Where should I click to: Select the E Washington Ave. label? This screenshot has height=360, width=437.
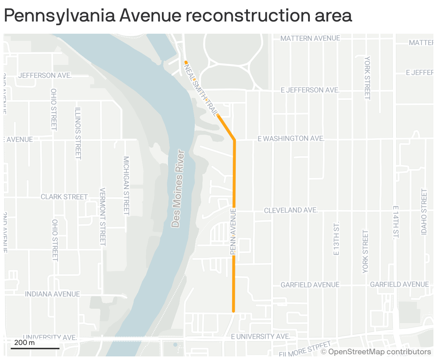[x=291, y=138]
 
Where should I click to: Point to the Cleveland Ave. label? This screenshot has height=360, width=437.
[x=291, y=210]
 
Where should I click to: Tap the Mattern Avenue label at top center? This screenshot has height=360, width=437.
[x=310, y=38]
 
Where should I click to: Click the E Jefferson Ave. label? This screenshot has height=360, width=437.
[x=310, y=90]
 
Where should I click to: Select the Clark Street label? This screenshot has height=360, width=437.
[x=64, y=197]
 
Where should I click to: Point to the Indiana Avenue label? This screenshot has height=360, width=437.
[x=52, y=294]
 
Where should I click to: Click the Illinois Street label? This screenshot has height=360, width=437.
[x=78, y=133]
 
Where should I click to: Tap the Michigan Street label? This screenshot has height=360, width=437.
[x=126, y=185]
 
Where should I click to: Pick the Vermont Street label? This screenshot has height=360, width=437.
[x=103, y=217]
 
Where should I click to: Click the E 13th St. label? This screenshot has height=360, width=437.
[x=336, y=238]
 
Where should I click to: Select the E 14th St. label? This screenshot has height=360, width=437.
[x=395, y=223]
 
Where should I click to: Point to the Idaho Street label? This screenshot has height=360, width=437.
[x=424, y=212]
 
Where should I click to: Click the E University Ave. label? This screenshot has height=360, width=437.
[x=260, y=336]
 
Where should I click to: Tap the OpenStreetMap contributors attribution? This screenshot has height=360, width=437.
[x=376, y=352]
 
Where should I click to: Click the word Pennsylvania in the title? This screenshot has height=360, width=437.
[x=59, y=16]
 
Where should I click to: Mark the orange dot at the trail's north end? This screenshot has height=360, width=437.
[x=186, y=62]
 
